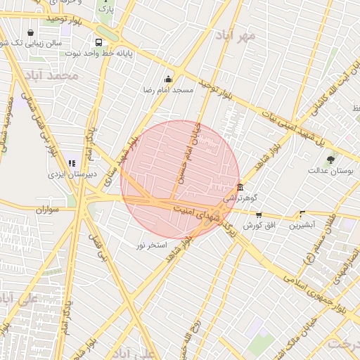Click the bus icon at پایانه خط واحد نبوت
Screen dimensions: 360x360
(x=96, y=41)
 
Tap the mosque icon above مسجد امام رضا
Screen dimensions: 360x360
(x=168, y=79)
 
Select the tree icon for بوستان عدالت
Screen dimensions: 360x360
(x=331, y=160)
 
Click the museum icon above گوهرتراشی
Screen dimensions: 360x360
(x=240, y=188)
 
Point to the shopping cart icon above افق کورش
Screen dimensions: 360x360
(x=259, y=214)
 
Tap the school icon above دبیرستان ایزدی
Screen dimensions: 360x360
(x=72, y=163)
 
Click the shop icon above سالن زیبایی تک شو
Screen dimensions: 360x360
(x=30, y=32)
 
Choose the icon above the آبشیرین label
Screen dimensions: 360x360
(x=302, y=214)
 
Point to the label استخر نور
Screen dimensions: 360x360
(x=151, y=245)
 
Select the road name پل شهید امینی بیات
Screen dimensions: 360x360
(x=282, y=127)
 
